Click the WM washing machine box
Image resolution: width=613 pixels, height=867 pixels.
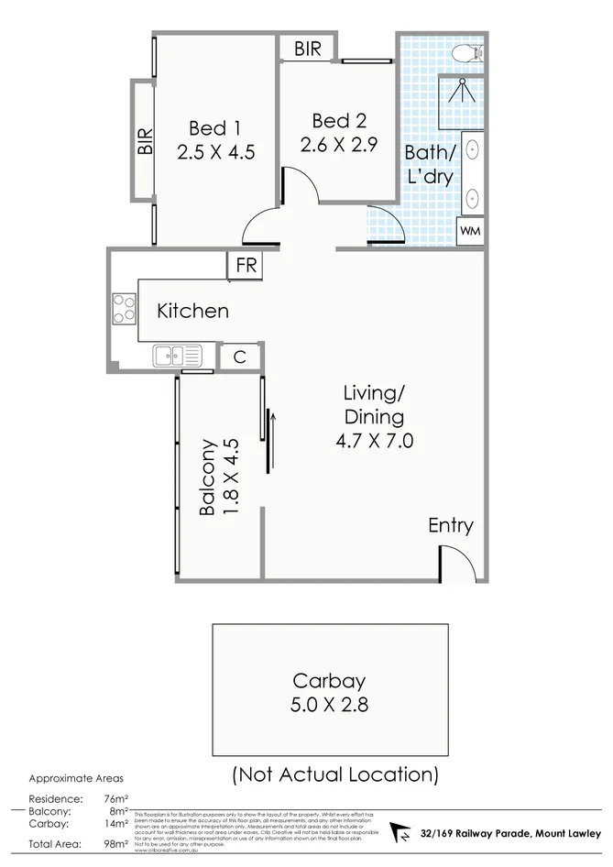tap(469, 230)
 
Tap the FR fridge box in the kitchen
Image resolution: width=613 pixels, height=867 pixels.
tap(246, 266)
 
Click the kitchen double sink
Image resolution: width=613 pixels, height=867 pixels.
tap(179, 355)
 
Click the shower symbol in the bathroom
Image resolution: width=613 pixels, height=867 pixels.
tap(465, 93)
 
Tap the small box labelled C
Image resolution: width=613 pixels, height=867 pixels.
tap(239, 357)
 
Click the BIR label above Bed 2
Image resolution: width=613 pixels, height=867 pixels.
tap(308, 48)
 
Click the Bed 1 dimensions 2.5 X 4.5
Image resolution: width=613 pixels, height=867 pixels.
tap(215, 152)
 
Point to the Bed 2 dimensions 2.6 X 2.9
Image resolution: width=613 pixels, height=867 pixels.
tap(339, 144)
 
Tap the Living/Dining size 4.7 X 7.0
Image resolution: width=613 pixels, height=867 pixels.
tap(375, 440)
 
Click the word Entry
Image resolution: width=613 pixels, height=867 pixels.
tap(451, 525)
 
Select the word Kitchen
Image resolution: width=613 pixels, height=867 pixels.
tap(192, 311)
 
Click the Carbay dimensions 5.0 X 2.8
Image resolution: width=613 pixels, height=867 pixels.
tap(329, 706)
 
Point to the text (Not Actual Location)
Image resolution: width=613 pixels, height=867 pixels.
tap(335, 774)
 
